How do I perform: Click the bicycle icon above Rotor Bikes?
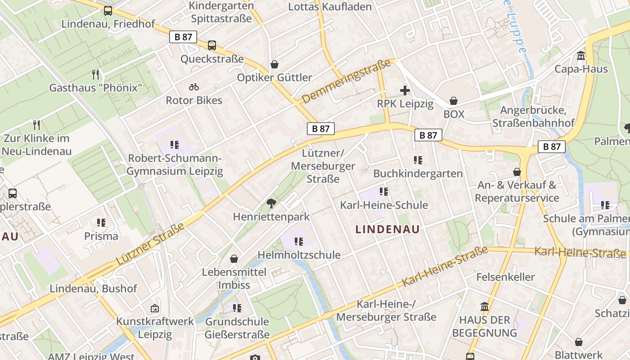[x=194, y=87]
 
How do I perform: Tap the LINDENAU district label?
[x=387, y=229]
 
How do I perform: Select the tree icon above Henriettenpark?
[x=271, y=203]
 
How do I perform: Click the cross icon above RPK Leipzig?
[x=405, y=90]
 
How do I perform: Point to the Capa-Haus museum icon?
[x=581, y=56]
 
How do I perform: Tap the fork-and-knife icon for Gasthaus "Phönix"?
[x=95, y=74]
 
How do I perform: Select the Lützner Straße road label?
[x=151, y=243]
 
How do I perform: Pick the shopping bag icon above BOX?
[x=454, y=101]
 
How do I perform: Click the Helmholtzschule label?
[x=299, y=255]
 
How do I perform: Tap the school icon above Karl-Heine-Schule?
[x=383, y=192]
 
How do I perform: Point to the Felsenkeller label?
[x=505, y=277]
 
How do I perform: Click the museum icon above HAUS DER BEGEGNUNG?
[x=485, y=307]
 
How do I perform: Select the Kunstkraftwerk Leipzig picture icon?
[x=155, y=308]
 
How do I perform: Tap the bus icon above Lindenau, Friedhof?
[x=108, y=11]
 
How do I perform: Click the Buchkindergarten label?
[x=418, y=174]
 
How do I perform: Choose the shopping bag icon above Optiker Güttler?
[x=274, y=65]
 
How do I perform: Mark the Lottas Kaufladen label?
[x=330, y=7]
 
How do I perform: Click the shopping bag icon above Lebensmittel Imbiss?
[x=234, y=259]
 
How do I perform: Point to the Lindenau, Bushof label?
[x=93, y=289]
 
